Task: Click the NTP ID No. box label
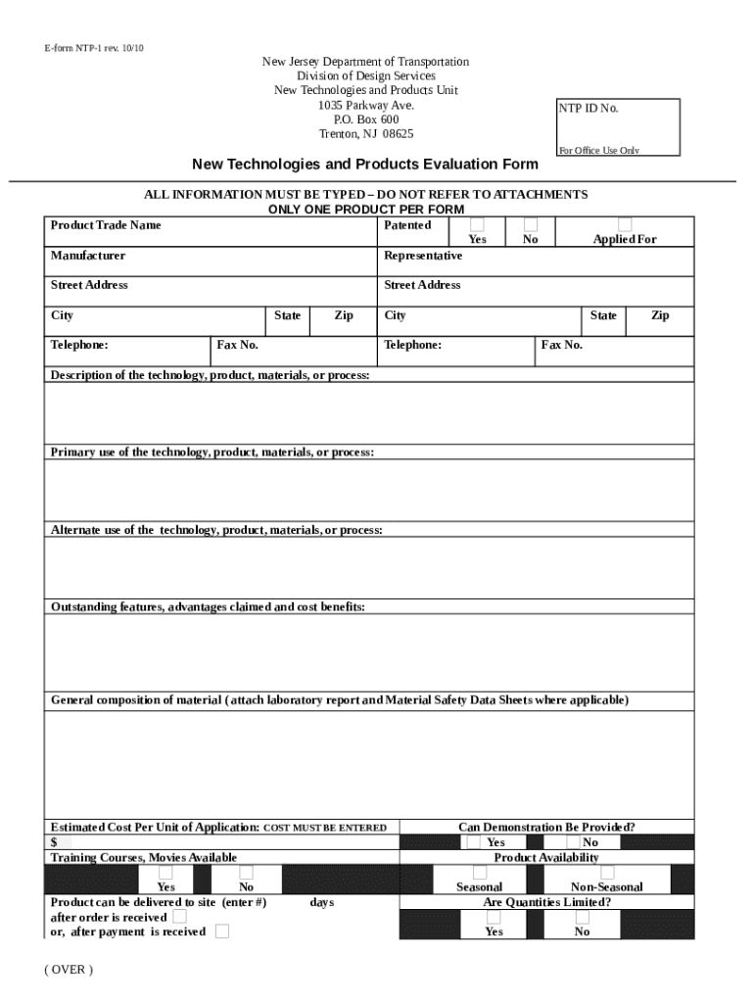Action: (x=589, y=109)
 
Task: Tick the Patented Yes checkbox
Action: (x=477, y=225)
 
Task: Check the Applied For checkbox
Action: (x=625, y=225)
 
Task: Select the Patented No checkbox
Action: (x=531, y=225)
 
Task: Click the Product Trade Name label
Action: (x=106, y=225)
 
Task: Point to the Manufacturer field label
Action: (x=88, y=256)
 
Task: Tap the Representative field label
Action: (x=423, y=256)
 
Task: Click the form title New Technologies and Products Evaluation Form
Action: (x=364, y=164)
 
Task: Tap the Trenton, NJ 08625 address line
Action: (x=366, y=134)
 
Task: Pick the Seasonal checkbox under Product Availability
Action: (x=479, y=872)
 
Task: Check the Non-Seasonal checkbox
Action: (x=607, y=872)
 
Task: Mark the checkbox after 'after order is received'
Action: (x=179, y=917)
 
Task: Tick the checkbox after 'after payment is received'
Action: (x=222, y=931)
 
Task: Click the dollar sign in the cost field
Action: (x=54, y=842)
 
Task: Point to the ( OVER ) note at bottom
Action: (x=69, y=970)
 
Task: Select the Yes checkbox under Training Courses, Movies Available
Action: (x=166, y=872)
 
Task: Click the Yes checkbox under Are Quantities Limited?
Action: (x=494, y=917)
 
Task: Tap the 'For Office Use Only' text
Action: (x=598, y=151)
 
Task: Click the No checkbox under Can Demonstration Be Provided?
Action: (x=574, y=842)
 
